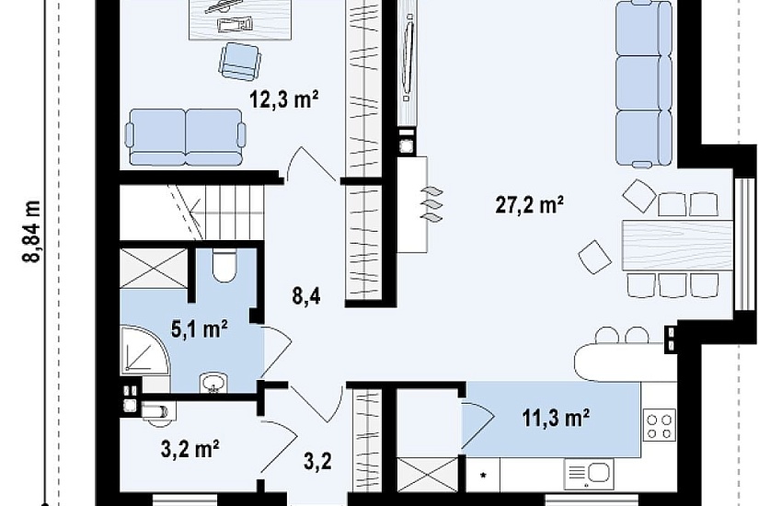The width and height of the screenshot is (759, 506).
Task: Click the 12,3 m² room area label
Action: tap(283, 99)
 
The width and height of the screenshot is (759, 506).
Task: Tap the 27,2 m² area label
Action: tap(530, 204)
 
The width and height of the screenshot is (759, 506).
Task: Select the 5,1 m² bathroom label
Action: tap(200, 329)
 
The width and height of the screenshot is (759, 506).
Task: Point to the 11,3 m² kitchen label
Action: tap(557, 418)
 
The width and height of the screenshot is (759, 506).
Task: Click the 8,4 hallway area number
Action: tap(306, 296)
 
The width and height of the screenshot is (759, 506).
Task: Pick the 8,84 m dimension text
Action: tap(32, 231)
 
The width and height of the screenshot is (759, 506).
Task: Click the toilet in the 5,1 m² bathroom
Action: tap(224, 265)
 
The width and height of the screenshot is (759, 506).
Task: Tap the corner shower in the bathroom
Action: tap(145, 350)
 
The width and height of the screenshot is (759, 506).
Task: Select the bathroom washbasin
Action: tap(213, 383)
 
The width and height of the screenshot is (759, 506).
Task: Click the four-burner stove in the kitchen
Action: tap(660, 425)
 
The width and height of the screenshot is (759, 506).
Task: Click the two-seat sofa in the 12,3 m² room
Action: tap(186, 137)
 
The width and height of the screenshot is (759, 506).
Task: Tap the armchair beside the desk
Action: tap(239, 61)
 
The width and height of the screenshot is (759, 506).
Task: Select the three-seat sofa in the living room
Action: tap(644, 84)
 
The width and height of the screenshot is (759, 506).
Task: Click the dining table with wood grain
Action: tap(677, 245)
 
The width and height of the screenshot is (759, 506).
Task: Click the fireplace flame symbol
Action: tap(431, 204)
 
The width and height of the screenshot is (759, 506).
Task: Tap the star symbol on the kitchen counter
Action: tap(483, 475)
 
